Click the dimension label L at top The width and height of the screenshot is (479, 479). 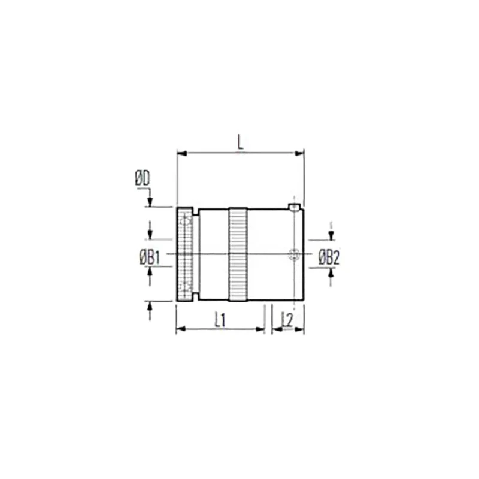(241, 143)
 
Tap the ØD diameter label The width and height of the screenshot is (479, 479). (143, 179)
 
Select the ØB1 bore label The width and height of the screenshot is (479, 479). (149, 258)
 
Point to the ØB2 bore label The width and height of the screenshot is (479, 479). (329, 258)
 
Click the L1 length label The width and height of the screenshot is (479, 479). (220, 320)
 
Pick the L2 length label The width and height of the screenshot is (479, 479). (287, 320)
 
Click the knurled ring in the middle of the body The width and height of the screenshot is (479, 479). (238, 254)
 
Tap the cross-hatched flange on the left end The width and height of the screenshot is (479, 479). (185, 254)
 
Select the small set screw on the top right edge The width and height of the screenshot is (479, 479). (295, 207)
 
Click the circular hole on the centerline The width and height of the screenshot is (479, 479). (294, 254)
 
